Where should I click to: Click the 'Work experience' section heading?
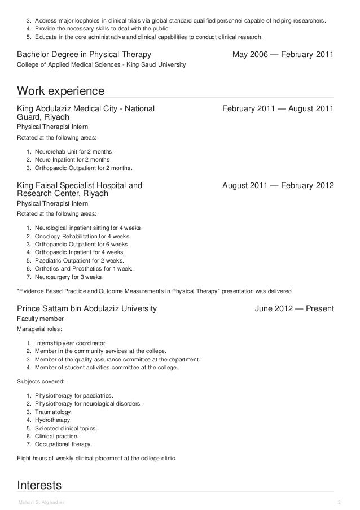coord(61,91)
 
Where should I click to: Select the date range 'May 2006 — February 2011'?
coord(283,55)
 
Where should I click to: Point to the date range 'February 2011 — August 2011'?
coord(278,108)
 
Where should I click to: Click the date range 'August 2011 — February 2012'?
coord(278,185)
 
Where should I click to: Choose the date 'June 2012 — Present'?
coord(295,309)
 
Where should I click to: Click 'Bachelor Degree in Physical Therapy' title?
coord(84,55)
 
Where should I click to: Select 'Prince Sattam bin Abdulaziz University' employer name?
coord(87,309)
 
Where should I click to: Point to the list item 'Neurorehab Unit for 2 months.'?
coord(74,152)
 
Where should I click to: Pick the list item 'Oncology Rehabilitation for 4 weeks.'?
coord(82,236)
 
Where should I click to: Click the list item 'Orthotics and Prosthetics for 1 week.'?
coord(84,269)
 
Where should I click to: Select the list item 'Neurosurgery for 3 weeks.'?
coord(69,277)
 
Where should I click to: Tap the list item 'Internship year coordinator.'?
coord(70,343)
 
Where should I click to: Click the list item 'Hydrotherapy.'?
coord(53,420)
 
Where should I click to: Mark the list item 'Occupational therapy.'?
coord(63,444)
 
